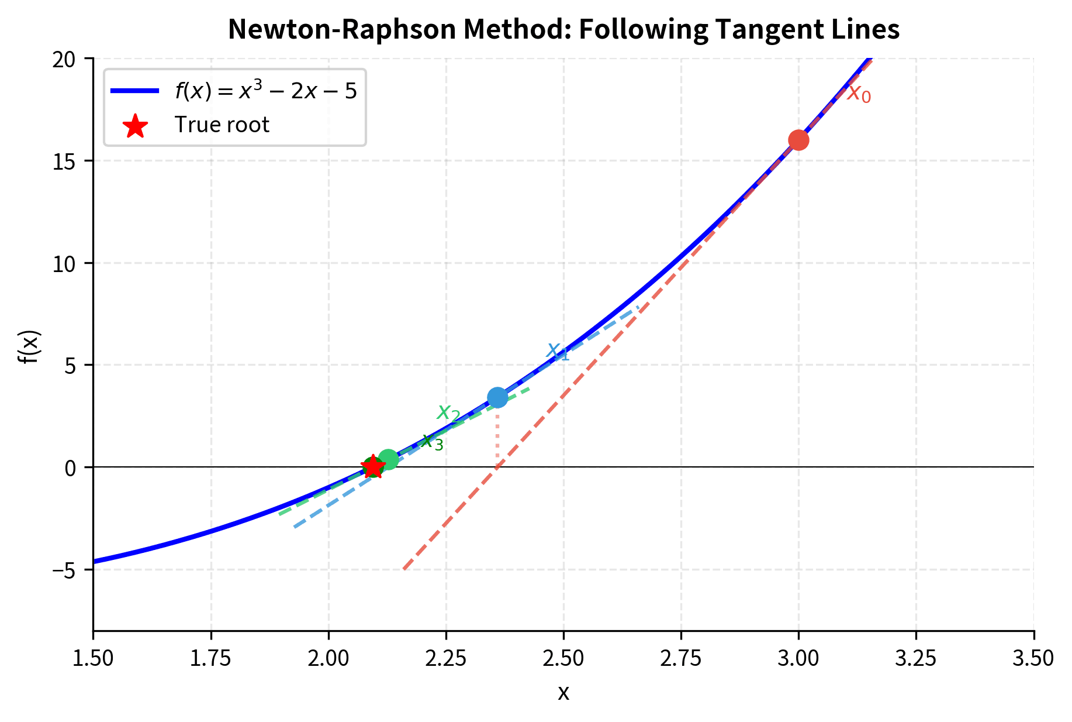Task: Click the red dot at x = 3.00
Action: pos(798,140)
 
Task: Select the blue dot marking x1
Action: pos(497,398)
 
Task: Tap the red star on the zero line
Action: pos(373,467)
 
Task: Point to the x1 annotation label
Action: pos(557,351)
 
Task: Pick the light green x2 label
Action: pos(448,412)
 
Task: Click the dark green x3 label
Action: pos(433,442)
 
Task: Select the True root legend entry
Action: pos(222,125)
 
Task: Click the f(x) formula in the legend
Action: pos(265,91)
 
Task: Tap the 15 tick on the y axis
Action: pos(64,161)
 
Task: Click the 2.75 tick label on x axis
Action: pos(681,659)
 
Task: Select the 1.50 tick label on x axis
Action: pos(94,659)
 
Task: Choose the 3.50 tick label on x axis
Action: pos(1033,659)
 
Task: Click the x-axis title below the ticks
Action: pos(563,693)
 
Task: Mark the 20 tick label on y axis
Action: pos(64,59)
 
